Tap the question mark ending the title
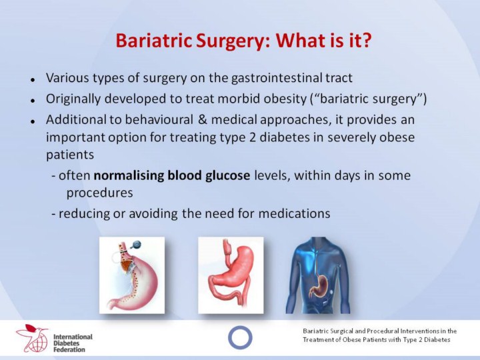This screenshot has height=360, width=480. point(366,40)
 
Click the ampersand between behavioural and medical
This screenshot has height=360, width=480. point(202,119)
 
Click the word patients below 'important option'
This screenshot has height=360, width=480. point(70,155)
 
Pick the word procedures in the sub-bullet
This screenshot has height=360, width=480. point(100,193)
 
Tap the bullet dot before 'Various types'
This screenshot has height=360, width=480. point(33,80)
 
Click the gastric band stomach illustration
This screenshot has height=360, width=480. point(132,275)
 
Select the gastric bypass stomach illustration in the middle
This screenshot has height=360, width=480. point(231,275)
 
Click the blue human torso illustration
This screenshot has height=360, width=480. point(317,275)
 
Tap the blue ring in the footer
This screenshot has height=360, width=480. point(229,337)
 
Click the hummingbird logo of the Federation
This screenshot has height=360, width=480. point(32,337)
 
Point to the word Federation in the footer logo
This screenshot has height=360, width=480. point(69,349)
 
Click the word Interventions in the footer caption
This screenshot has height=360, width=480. point(420,331)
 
